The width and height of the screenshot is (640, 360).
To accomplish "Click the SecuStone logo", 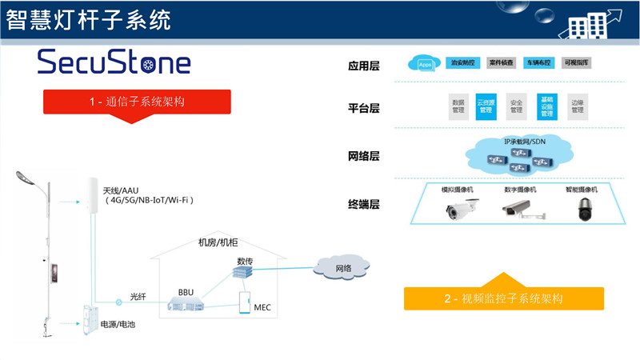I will click(114, 62).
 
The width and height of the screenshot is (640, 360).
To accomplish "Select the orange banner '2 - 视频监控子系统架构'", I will click(502, 298).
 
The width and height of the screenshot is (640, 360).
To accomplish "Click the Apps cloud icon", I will click(424, 63).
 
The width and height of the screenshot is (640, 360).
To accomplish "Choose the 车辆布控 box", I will click(538, 63).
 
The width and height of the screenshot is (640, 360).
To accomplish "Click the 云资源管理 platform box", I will click(486, 107).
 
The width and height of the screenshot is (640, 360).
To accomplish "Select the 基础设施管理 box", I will click(546, 107).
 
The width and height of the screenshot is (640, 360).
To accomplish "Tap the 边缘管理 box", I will click(577, 107).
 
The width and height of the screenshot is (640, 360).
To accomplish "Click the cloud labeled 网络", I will click(343, 269).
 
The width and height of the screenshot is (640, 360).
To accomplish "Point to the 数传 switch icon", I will click(242, 273).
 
